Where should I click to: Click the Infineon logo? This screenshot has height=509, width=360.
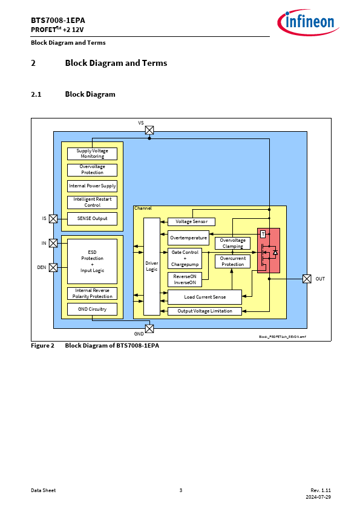click(308, 22)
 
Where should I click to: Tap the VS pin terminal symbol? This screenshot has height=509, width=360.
click(149, 130)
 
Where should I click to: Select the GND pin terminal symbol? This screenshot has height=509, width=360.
click(149, 329)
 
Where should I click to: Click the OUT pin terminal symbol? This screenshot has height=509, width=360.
click(307, 279)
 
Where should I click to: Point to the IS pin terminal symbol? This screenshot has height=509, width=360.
click(53, 219)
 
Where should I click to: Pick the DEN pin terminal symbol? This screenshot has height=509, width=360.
click(53, 267)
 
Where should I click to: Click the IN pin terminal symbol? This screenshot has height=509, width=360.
click(53, 243)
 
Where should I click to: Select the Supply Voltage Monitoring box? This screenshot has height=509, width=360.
click(93, 154)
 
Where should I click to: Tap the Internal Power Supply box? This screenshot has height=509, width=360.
click(93, 186)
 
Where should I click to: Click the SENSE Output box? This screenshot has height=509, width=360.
click(93, 218)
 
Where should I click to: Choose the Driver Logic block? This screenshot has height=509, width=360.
click(152, 267)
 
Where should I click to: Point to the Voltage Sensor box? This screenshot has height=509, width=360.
click(191, 222)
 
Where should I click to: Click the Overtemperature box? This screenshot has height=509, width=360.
click(188, 238)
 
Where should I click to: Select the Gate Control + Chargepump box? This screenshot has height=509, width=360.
click(185, 258)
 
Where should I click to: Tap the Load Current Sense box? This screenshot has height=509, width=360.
click(205, 297)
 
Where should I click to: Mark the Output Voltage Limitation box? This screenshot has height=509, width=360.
click(205, 311)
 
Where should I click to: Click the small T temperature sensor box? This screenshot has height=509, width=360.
click(263, 234)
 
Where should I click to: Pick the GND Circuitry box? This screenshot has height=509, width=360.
click(93, 310)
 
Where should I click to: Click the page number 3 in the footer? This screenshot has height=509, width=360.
click(181, 490)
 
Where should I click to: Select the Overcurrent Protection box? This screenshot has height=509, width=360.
click(232, 261)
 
